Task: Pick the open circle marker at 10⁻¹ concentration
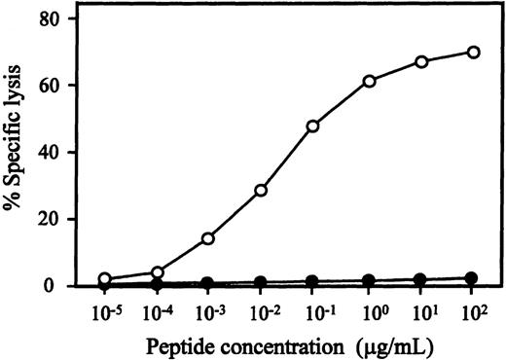tap(313, 126)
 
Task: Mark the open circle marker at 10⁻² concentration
tap(261, 191)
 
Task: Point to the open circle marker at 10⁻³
tap(207, 238)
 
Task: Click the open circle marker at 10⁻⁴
tap(155, 272)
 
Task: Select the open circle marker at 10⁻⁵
tap(104, 278)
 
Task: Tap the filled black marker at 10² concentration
tap(473, 278)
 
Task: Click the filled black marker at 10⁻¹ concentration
tap(313, 281)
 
